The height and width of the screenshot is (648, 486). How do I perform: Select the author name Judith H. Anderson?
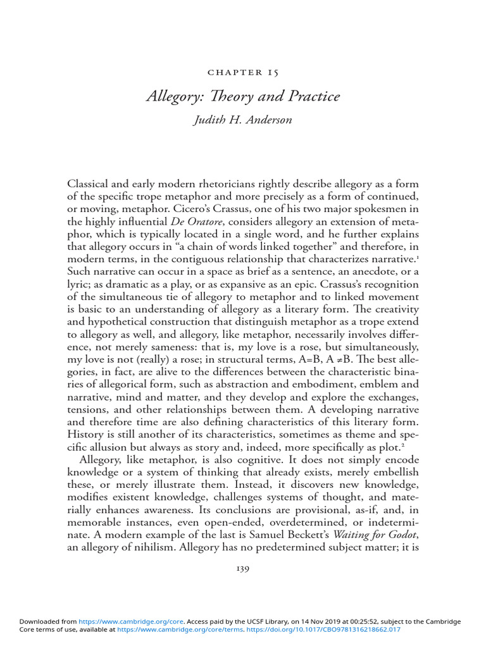pos(242,120)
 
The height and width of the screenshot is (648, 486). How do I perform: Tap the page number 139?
pos(242,569)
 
